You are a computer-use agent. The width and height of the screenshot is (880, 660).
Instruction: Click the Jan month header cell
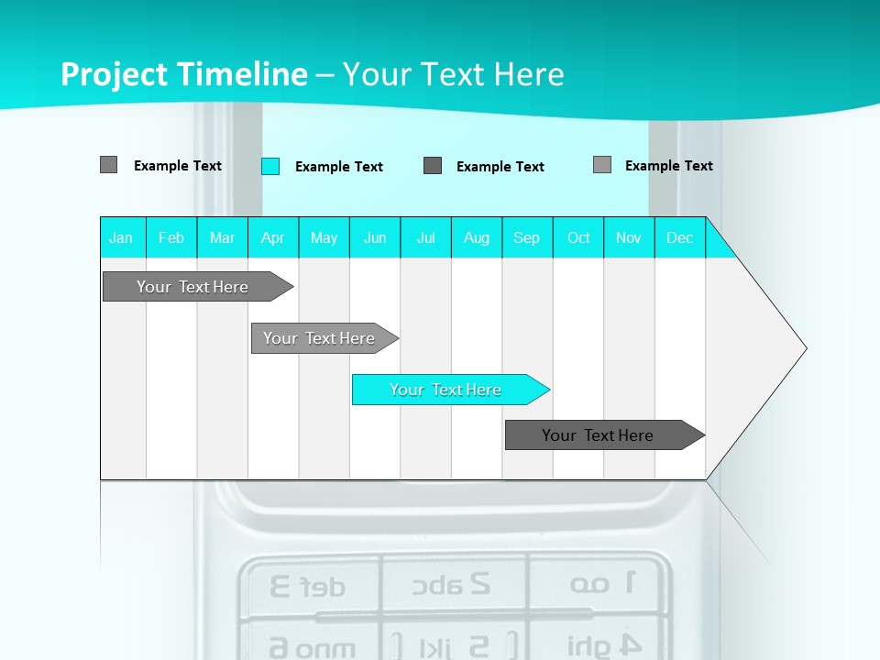(122, 237)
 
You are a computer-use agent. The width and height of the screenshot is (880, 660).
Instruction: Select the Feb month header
(171, 237)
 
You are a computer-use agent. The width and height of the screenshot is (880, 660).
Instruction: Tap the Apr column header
(272, 237)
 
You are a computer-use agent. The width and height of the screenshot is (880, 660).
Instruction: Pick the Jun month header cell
(375, 237)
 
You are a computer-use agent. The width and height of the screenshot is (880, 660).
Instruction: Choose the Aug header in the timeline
(476, 237)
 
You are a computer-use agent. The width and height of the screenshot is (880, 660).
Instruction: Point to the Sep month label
(526, 237)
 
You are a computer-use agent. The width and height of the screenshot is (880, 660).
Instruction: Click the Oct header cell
(578, 237)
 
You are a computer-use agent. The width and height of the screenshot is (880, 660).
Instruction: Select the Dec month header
(679, 237)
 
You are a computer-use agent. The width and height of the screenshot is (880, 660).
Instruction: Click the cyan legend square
(270, 166)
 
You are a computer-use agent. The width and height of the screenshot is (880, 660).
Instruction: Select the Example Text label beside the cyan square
(338, 167)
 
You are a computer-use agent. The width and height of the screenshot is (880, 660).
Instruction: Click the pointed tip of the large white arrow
(804, 348)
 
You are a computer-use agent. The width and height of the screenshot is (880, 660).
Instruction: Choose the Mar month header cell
(222, 237)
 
